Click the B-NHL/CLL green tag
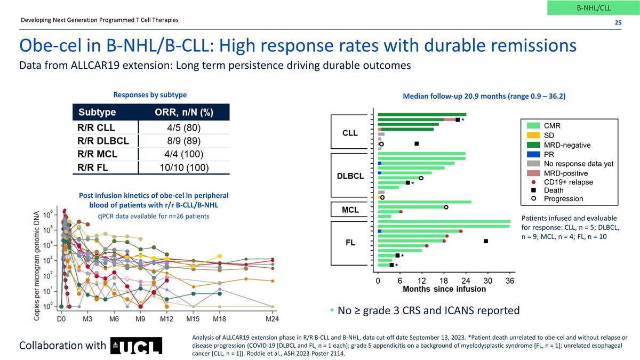594,7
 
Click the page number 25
618,22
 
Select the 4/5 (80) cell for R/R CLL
184,128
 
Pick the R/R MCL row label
95,154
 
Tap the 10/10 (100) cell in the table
184,167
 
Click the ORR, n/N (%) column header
184,113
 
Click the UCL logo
136,346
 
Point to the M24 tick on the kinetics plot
273,319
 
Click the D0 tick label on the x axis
62,319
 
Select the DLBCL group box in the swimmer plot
350,175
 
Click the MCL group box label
350,210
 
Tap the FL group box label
350,243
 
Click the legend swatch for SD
533,135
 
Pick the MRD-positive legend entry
566,173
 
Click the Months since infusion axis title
444,289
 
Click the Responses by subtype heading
150,95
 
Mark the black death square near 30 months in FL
486,241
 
